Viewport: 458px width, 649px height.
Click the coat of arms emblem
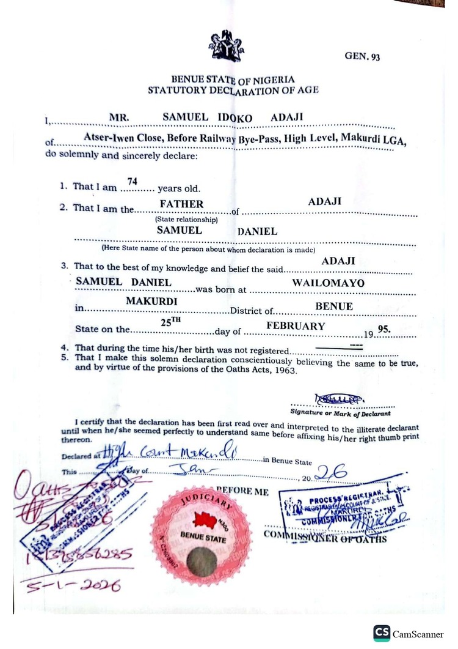click(227, 45)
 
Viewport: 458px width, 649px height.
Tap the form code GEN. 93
click(362, 56)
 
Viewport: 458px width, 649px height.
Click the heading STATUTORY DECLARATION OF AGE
click(233, 90)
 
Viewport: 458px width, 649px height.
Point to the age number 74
click(132, 180)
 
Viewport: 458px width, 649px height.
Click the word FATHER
click(181, 204)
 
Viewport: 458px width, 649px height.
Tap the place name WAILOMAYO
click(328, 283)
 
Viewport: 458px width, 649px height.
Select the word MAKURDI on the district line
click(151, 302)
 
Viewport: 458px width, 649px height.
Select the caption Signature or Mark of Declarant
click(340, 414)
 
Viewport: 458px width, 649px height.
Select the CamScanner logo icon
click(382, 633)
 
